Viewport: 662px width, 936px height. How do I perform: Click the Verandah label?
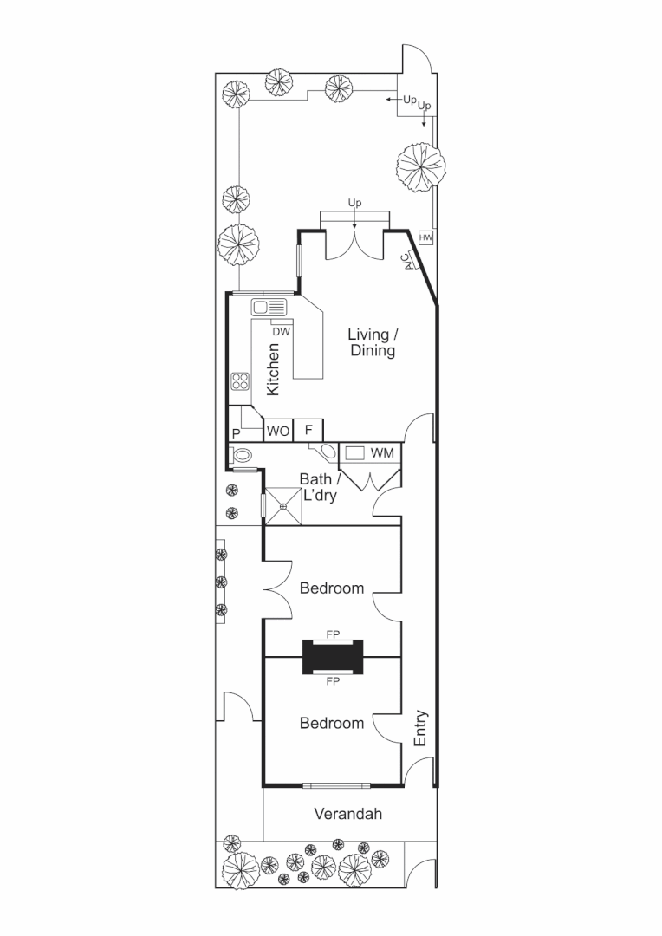tap(347, 814)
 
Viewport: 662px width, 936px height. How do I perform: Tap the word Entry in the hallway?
tap(421, 728)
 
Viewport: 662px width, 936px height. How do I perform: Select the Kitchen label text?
tap(273, 369)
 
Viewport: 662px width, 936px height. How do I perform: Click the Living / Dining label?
tap(373, 342)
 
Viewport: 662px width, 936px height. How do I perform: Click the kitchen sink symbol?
tap(269, 307)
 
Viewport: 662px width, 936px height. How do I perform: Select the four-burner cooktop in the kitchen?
tap(240, 382)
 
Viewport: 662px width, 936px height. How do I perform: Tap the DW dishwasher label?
tap(281, 331)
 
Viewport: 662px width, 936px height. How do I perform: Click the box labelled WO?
tap(278, 431)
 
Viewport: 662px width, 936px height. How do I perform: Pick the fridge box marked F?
tap(308, 431)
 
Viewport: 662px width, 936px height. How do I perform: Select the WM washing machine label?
tap(381, 453)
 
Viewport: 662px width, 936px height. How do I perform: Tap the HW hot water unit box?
tap(425, 237)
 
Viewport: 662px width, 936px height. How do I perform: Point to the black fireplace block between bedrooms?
tap(333, 657)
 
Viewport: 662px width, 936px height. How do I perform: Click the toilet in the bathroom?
tap(242, 454)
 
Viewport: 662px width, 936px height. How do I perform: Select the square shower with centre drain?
tap(283, 506)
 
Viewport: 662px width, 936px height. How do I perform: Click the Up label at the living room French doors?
tap(354, 203)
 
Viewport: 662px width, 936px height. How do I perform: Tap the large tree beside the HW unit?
tap(421, 165)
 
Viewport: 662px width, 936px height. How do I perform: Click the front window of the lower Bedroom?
tap(336, 786)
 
